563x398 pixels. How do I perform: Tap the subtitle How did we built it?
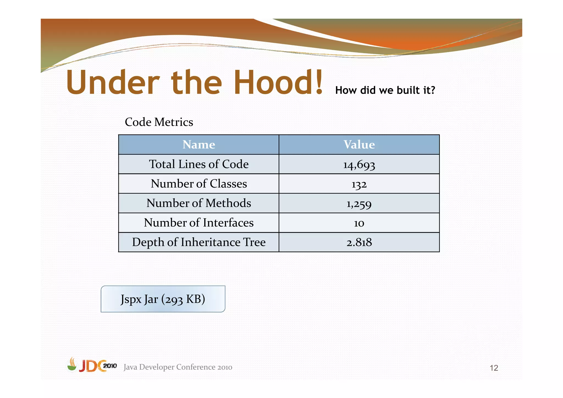point(385,90)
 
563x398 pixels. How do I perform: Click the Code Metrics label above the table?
point(159,122)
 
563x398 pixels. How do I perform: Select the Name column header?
point(199,145)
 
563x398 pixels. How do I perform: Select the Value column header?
point(359,145)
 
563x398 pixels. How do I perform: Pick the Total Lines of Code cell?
point(199,164)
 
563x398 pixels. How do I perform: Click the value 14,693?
point(359,165)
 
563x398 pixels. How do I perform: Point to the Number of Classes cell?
point(199,184)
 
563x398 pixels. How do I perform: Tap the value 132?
point(359,184)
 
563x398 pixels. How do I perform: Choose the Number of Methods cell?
point(199,203)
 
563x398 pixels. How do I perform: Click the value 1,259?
point(359,204)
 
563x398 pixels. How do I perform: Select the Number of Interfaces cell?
point(199,223)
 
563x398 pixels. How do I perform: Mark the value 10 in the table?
point(359,223)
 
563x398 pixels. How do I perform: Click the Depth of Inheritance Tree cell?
point(199,242)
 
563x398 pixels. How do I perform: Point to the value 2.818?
point(359,242)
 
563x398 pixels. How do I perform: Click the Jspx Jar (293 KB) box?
point(163,299)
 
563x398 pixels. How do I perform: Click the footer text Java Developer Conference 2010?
point(178,367)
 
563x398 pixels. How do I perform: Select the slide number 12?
point(494,368)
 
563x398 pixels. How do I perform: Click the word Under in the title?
point(113,82)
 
